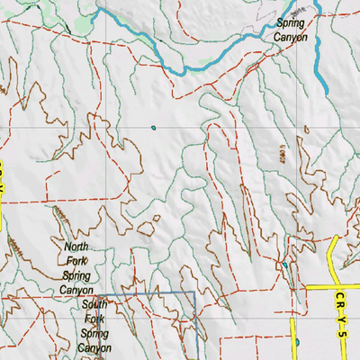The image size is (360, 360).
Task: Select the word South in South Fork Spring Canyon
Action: click(88, 304)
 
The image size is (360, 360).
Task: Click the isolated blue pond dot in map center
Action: click(155, 127)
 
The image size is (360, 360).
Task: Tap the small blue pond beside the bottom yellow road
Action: click(296, 342)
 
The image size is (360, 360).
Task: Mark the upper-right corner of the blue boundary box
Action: click(194, 293)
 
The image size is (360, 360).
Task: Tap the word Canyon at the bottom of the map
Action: click(94, 347)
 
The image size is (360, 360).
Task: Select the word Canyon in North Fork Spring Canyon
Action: click(78, 290)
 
